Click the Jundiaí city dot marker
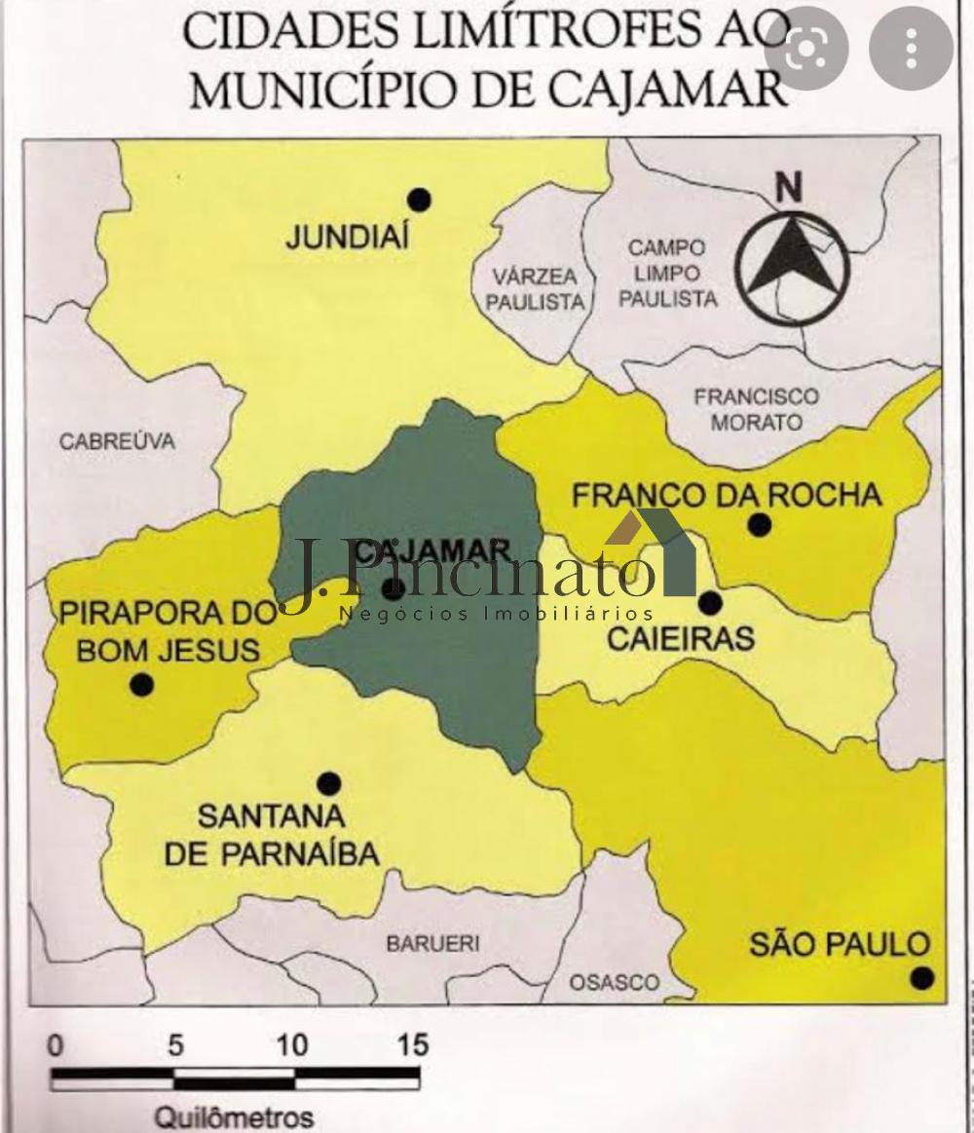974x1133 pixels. pos(419,200)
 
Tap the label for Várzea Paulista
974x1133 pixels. pos(534,288)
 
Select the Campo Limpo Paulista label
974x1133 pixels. pos(667,274)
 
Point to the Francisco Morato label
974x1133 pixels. pos(756,410)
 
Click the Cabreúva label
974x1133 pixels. pos(117,441)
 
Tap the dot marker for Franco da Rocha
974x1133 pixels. pos(760,525)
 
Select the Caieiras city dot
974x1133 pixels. pos(710,603)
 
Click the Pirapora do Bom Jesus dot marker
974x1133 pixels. pos(142,685)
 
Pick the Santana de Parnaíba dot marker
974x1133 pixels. pos(329,783)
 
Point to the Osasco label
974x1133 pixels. pos(614,982)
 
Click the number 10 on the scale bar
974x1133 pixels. pos(291,1045)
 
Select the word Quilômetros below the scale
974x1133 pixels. pos(235,1115)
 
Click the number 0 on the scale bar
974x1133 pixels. pos(56,1045)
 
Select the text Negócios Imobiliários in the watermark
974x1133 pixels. pos(496,614)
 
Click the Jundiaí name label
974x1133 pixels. pos(346,238)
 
